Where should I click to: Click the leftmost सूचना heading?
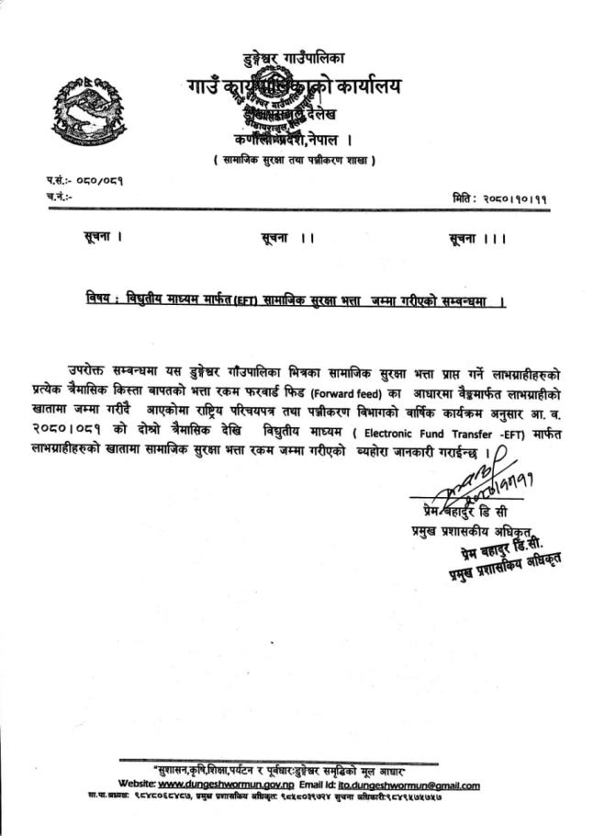(102, 238)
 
